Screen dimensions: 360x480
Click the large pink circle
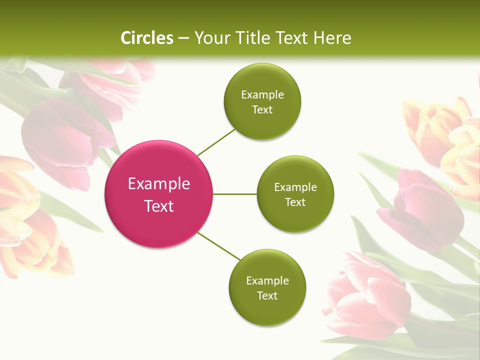click(x=158, y=194)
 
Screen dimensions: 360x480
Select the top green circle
click(x=262, y=101)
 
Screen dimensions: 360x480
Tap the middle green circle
click(x=295, y=194)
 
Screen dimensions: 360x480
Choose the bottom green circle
click(x=267, y=287)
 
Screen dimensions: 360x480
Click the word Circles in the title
click(x=147, y=37)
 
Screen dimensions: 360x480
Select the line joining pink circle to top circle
click(x=216, y=141)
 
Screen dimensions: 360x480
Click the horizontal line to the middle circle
click(x=234, y=194)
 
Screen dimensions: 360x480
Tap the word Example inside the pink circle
click(x=159, y=183)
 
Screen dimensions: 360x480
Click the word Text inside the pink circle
click(x=159, y=205)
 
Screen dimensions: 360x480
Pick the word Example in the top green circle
click(x=262, y=94)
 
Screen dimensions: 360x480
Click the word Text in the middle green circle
click(x=295, y=202)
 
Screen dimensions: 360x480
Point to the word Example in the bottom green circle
click(x=267, y=280)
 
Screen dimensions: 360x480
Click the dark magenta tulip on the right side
click(x=423, y=210)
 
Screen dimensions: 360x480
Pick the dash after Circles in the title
click(x=183, y=38)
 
